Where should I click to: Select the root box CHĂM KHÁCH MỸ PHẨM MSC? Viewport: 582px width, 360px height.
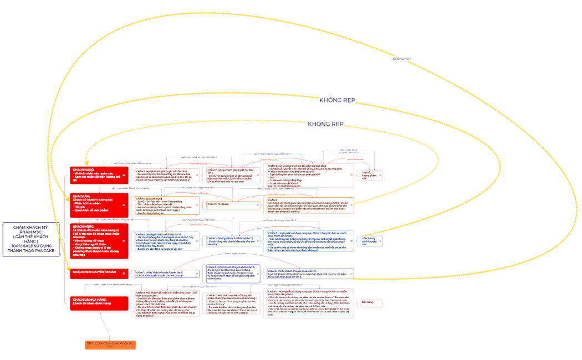(x=30, y=239)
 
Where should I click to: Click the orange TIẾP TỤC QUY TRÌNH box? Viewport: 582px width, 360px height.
(x=110, y=345)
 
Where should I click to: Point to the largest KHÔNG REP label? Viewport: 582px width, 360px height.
(x=336, y=100)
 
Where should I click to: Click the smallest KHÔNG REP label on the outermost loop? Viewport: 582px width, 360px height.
(x=401, y=58)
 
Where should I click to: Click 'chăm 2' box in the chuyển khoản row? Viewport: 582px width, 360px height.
(x=233, y=273)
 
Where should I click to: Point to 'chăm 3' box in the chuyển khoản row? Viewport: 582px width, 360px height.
(x=310, y=273)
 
